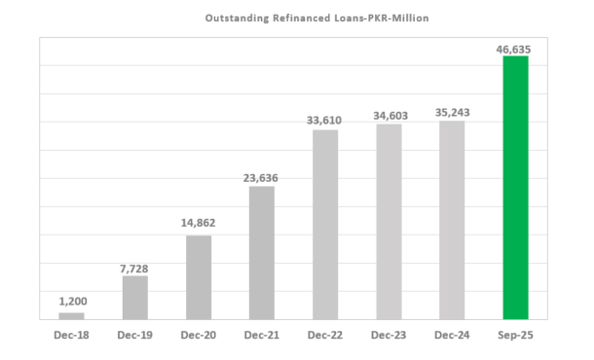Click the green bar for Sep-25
515,187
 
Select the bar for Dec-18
71,315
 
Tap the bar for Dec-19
135,297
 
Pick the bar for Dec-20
199,276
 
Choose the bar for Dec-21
262,252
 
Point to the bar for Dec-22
325,224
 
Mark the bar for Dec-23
389,221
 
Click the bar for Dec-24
452,219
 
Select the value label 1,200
71,301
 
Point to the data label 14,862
199,224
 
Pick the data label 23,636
262,175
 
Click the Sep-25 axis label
515,336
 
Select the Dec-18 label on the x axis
71,336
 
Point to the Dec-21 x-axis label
262,336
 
